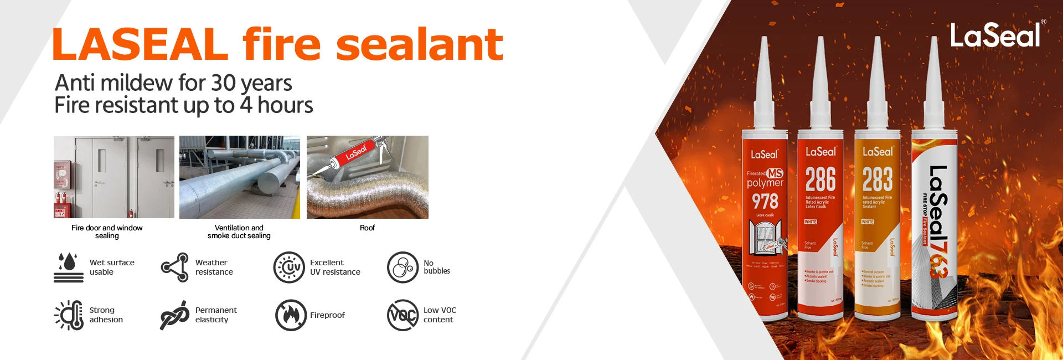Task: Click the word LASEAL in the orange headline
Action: click(140, 45)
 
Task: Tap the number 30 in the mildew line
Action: click(223, 83)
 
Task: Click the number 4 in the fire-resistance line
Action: click(246, 105)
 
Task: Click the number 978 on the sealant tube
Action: click(765, 202)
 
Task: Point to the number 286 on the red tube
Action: click(821, 180)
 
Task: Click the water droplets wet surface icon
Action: click(69, 268)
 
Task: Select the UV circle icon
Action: click(289, 268)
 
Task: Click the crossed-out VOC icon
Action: click(403, 315)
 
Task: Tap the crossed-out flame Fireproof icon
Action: click(291, 315)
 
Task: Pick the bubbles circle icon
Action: click(403, 268)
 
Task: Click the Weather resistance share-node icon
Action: click(176, 268)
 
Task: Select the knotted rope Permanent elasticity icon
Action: click(174, 315)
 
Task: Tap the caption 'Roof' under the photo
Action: click(367, 228)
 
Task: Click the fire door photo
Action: click(114, 177)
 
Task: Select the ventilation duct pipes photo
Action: click(239, 177)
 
